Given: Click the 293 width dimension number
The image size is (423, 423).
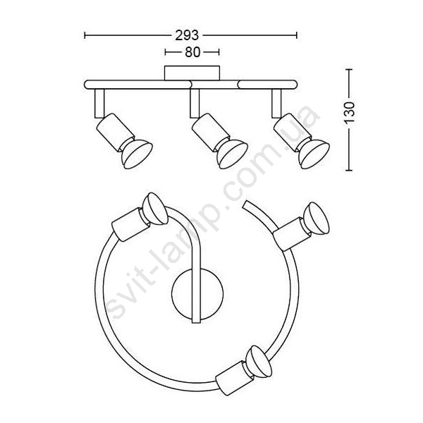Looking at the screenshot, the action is (x=187, y=35).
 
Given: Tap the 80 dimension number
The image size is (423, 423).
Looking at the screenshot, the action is (x=192, y=52).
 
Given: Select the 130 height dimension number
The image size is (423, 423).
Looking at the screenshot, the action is (x=350, y=112).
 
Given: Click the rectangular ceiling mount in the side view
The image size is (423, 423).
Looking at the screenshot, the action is (x=192, y=73).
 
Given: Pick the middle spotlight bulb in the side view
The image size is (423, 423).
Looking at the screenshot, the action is (x=233, y=154).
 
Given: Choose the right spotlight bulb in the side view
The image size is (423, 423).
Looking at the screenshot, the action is (x=314, y=154).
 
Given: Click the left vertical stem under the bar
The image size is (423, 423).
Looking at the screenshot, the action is (x=99, y=103).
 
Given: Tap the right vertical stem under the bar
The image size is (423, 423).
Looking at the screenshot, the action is (x=276, y=103).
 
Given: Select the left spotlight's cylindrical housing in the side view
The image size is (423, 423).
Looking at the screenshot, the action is (x=115, y=131).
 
